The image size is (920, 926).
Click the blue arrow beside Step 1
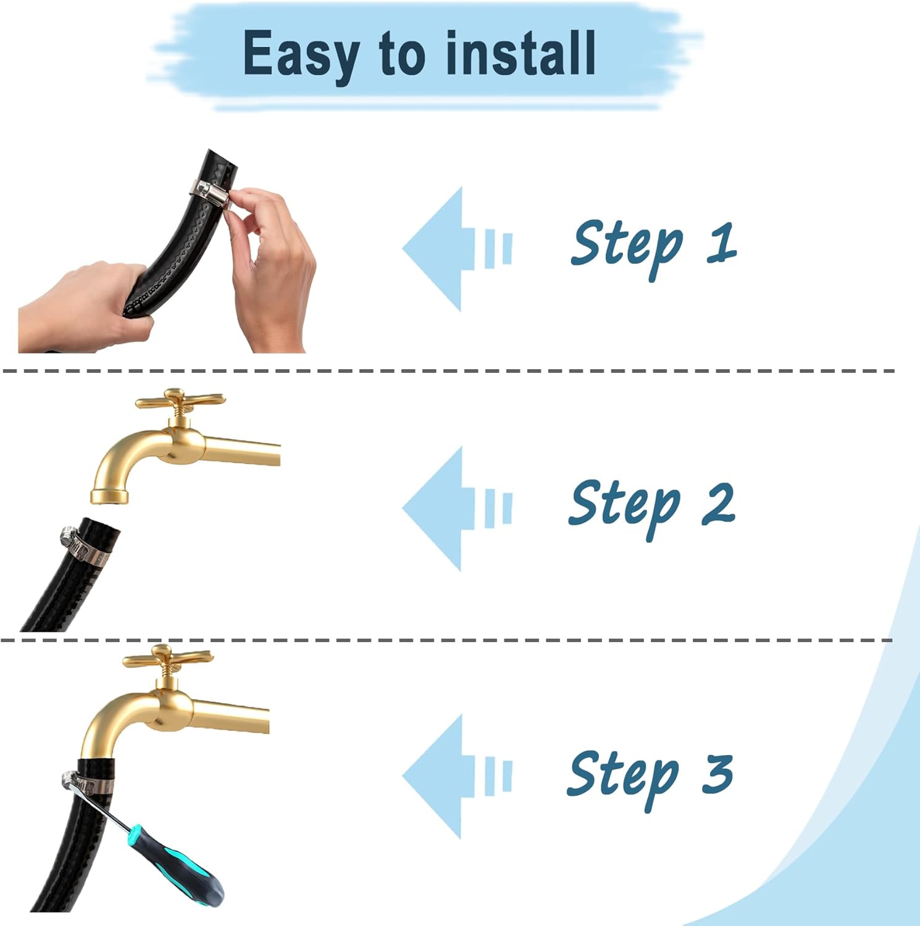[x=458, y=249]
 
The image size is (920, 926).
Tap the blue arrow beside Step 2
[x=458, y=508]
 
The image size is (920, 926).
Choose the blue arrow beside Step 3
[x=458, y=776]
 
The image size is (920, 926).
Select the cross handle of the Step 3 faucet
[x=168, y=657]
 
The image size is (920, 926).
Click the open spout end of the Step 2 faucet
[x=109, y=496]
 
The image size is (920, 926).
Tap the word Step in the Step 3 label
[x=624, y=777]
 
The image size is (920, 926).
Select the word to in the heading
[x=402, y=54]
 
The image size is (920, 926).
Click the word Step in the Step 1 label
[x=627, y=247]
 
